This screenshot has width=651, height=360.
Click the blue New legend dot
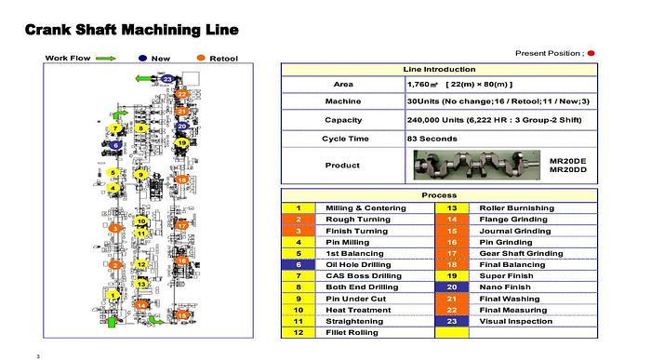(143, 58)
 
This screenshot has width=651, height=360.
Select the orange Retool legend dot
(202, 58)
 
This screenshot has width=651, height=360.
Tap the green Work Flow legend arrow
(105, 58)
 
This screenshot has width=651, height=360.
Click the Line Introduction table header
(439, 70)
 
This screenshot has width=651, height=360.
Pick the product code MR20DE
(566, 160)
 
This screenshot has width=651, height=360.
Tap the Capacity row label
(342, 120)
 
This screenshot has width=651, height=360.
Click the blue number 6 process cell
(298, 264)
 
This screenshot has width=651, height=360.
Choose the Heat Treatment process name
(353, 309)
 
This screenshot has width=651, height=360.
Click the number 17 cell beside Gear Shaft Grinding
(451, 253)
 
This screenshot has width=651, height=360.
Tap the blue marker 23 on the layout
(167, 78)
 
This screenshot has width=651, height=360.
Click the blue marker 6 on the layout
(114, 144)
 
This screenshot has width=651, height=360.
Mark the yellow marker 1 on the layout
(113, 295)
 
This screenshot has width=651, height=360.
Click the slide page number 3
(37, 354)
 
